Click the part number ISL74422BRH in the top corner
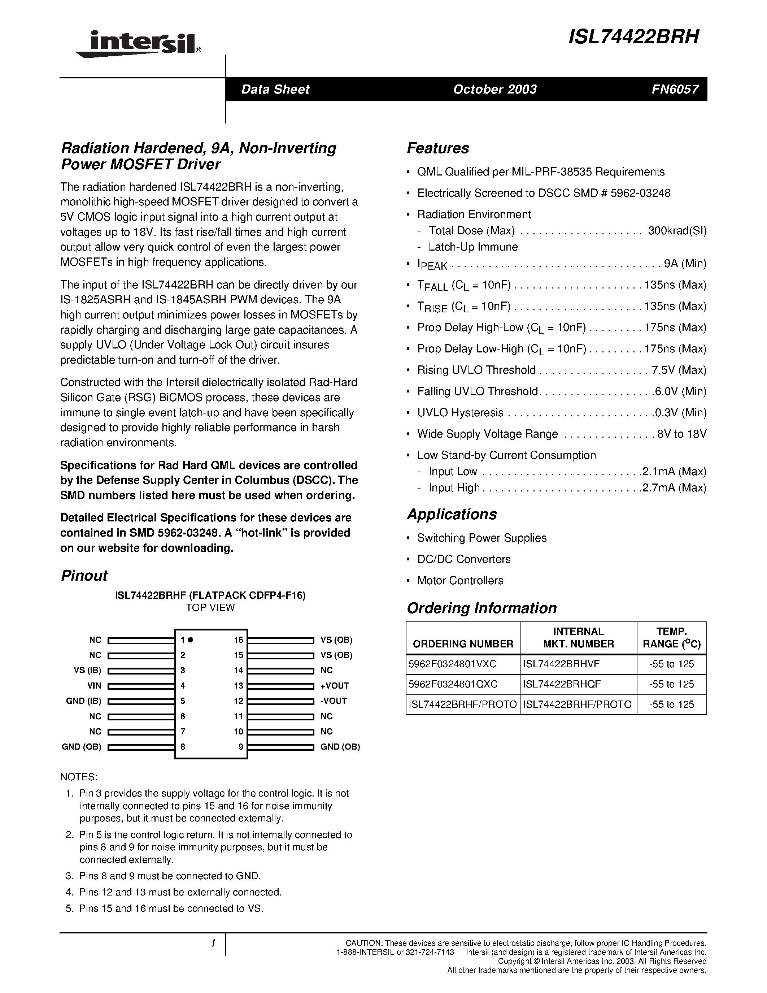tap(633, 37)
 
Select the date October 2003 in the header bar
tap(494, 89)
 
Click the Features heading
tap(437, 148)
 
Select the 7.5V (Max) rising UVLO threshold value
tap(679, 370)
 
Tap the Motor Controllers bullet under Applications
tap(460, 581)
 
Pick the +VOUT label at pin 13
tap(335, 686)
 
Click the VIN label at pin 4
tap(95, 686)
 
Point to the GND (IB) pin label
tap(84, 701)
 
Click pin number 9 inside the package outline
tap(241, 747)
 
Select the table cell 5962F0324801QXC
tap(453, 684)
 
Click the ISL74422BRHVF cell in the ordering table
tap(561, 664)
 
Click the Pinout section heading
tap(84, 576)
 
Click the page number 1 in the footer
tap(212, 944)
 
